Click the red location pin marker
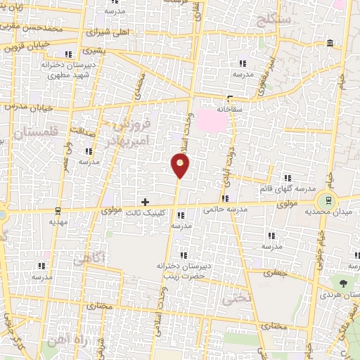tap(181, 166)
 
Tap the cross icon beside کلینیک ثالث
tap(146, 202)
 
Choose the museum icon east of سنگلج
tap(330, 46)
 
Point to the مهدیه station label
tap(58, 220)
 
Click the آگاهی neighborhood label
tap(89, 258)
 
